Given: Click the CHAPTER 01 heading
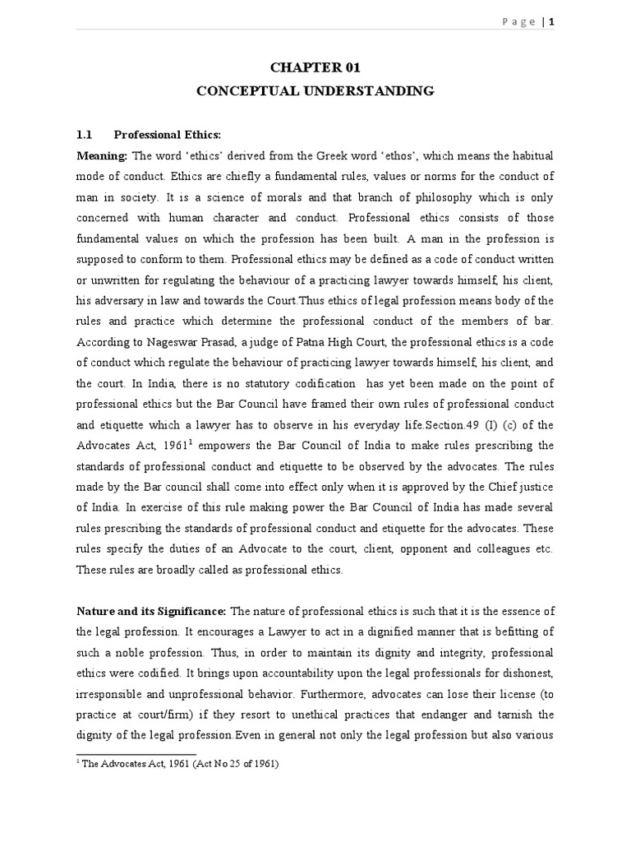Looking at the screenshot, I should pos(315,67).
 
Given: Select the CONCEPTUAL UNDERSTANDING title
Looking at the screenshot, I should pos(315,91).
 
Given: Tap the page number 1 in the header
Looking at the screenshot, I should pos(553,22).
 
